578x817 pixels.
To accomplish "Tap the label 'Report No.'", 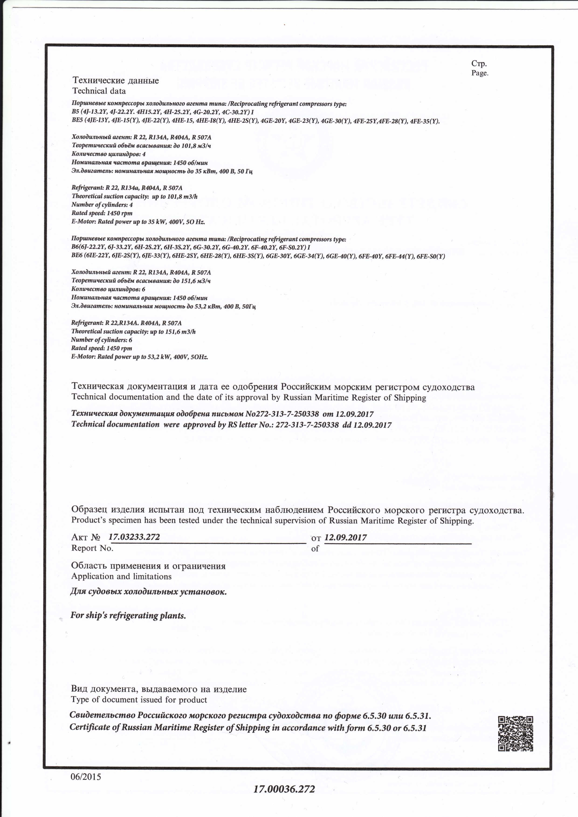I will [92, 548].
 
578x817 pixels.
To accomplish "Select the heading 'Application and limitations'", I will [121, 576].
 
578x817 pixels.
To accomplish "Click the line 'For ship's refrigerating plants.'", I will [128, 615].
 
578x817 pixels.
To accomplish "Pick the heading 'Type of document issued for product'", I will [139, 700].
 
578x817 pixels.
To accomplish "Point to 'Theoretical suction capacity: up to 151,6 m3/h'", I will [134, 332].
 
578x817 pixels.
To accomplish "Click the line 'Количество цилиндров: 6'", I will [108, 289].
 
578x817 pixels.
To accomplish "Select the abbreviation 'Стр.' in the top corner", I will [479, 63].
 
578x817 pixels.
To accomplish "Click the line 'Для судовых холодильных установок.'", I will [148, 592].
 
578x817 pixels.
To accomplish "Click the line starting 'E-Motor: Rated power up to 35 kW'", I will [138, 222].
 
